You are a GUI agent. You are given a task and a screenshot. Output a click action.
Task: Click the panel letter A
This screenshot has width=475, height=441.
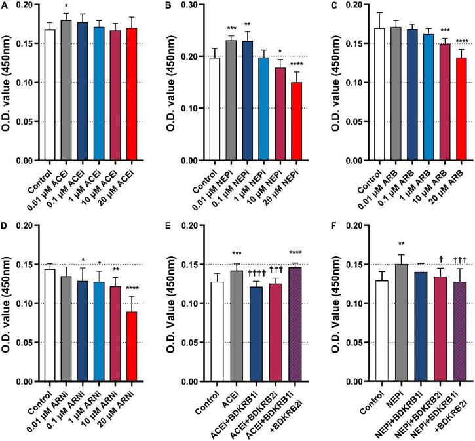(x=5, y=5)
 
